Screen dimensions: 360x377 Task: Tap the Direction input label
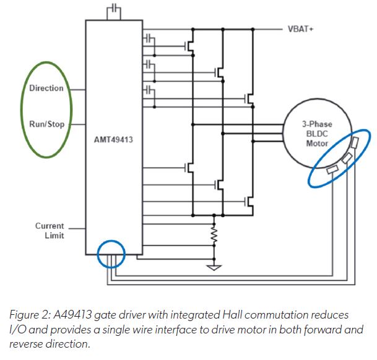46,88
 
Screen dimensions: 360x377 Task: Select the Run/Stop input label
47,123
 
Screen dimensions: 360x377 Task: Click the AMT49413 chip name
114,140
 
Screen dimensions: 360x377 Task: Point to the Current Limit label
49,230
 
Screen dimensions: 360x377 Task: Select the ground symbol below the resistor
214,267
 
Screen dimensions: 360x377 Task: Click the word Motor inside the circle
317,144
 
